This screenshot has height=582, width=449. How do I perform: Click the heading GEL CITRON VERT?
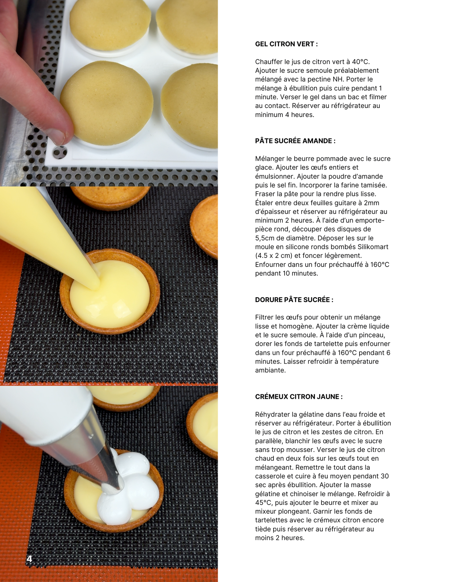coord(286,44)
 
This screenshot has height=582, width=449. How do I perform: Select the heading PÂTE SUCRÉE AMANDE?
coord(295,141)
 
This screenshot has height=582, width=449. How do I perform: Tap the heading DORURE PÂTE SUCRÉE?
coord(294,300)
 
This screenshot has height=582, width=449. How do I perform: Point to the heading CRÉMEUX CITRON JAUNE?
coord(299,397)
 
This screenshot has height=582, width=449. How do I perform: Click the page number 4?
coord(29,559)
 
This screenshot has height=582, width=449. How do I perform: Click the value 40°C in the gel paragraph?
coord(360,62)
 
